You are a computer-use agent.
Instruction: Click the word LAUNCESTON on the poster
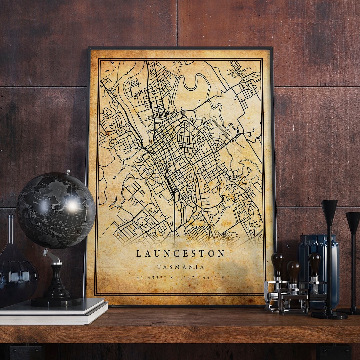pyautogui.click(x=180, y=253)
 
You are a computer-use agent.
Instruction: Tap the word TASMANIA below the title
pyautogui.click(x=181, y=267)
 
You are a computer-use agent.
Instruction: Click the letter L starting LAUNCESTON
pyautogui.click(x=138, y=253)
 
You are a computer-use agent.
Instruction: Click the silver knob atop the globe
pyautogui.click(x=68, y=172)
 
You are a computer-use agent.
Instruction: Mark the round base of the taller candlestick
pyautogui.click(x=329, y=315)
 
